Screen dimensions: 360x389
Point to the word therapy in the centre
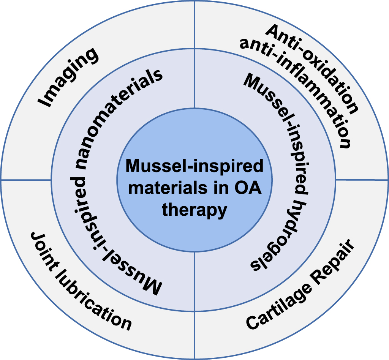click(x=194, y=210)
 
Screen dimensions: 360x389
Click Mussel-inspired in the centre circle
click(x=194, y=166)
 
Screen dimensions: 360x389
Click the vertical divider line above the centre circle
click(x=194, y=57)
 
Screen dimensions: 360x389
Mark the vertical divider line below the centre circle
click(x=194, y=304)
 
